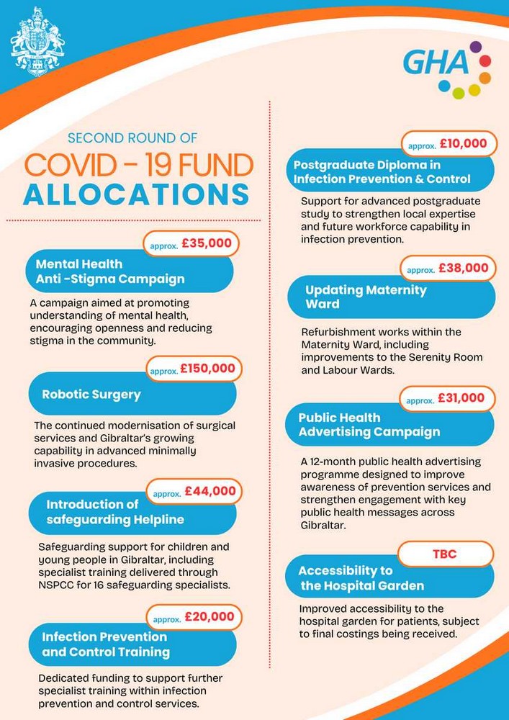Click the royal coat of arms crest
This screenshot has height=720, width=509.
tap(37, 42)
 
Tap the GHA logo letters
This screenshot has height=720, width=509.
tap(435, 63)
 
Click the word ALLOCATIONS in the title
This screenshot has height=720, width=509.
tap(136, 195)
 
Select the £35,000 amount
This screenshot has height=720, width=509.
tap(207, 243)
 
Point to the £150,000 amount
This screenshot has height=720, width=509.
tap(207, 368)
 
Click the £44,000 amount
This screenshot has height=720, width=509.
tap(210, 491)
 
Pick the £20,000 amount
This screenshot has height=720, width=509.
tap(209, 616)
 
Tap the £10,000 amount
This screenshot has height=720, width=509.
tap(462, 143)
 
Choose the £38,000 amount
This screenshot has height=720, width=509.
tap(462, 268)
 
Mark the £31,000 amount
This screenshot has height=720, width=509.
tap(461, 397)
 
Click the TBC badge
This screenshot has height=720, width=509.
tap(444, 554)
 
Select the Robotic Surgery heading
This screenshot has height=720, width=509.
tap(91, 395)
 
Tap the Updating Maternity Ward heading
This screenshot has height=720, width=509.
tap(366, 297)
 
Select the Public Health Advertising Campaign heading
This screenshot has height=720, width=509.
tap(369, 425)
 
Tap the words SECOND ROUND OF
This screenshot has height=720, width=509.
tap(132, 138)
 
